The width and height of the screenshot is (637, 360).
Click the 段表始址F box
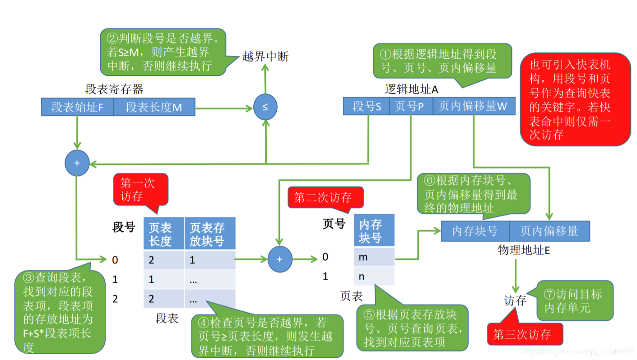coord(77,108)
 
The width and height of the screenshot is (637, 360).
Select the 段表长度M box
coord(154,108)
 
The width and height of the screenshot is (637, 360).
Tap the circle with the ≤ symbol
coord(265,108)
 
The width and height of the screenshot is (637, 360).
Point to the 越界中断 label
coord(265,56)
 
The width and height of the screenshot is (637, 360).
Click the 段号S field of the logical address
coord(366,107)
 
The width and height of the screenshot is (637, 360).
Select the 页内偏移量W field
coord(473,107)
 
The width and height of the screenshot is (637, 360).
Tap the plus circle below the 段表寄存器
coord(77,163)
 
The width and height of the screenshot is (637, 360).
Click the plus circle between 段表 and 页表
coord(279,259)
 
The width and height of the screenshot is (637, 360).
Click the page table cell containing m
coord(374,257)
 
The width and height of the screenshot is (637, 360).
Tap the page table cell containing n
coord(374,276)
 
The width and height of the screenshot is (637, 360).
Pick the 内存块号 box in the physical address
coord(475,231)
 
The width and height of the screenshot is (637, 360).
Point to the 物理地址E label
coord(524,250)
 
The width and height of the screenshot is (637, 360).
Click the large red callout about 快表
coord(575,99)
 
